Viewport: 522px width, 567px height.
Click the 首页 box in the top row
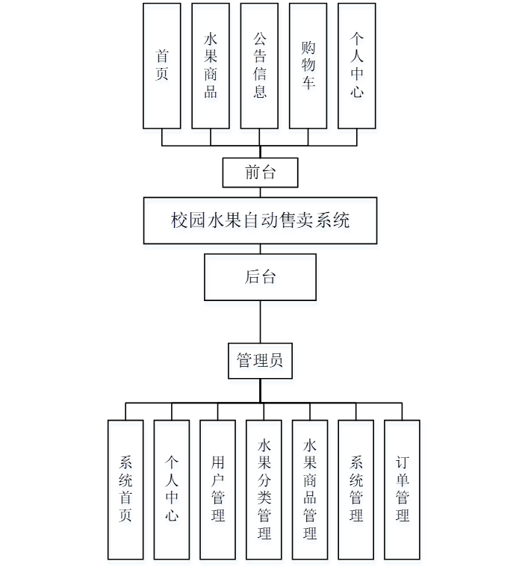pos(162,66)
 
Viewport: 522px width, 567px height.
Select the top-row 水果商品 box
pos(211,66)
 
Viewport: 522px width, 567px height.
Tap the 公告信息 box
pos(259,66)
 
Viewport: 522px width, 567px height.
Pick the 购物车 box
pos(308,66)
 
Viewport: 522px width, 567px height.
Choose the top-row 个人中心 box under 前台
pos(357,66)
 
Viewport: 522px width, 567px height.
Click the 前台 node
pos(261,173)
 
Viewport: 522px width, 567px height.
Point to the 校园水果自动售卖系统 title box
pos(260,220)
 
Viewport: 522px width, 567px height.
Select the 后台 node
pos(260,277)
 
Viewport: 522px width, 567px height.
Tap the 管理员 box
pos(260,361)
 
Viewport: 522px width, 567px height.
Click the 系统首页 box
pos(125,489)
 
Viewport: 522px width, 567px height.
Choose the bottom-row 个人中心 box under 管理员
pos(172,489)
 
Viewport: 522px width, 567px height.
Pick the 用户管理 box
pos(218,489)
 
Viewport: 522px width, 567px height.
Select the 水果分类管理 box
pos(264,489)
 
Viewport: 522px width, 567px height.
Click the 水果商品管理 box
pos(310,489)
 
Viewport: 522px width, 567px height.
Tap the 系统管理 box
pos(356,489)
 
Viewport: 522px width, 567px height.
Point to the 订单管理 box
pos(403,489)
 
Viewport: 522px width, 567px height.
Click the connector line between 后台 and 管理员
pos(260,321)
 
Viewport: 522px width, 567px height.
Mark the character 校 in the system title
pos(178,220)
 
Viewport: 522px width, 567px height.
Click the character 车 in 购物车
pos(308,82)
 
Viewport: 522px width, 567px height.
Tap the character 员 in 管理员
pos(276,361)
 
